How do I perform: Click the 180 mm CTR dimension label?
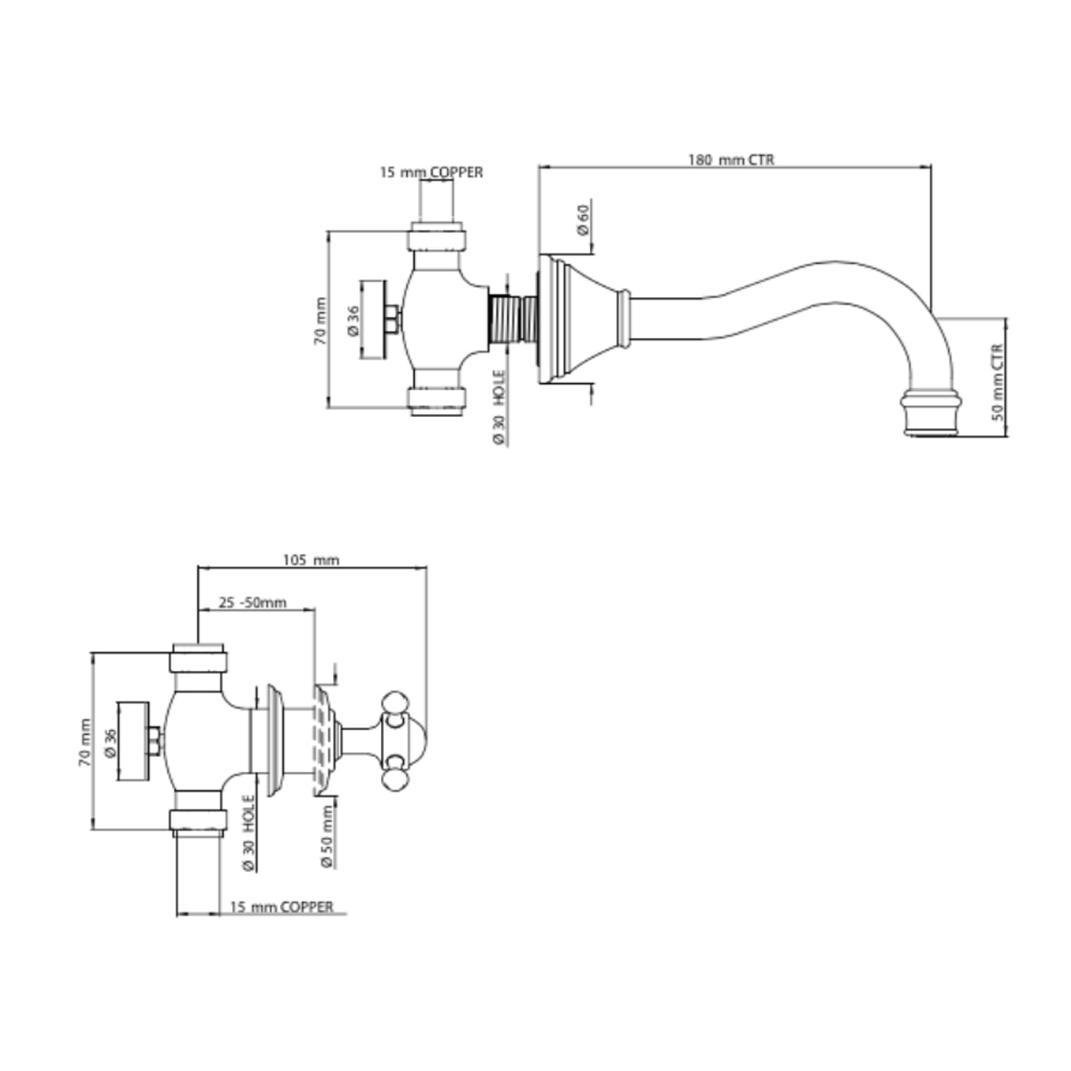point(731,160)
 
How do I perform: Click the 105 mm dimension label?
point(311,560)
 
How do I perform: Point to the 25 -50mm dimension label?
point(253,602)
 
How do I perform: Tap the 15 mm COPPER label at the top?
point(431,172)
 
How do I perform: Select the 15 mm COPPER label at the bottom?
point(281,907)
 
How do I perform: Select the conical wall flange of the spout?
point(580,319)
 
